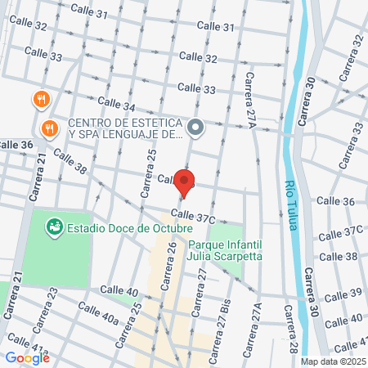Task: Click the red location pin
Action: tap(185, 183)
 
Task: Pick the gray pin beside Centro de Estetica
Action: tap(195, 128)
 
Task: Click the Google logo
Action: tap(27, 357)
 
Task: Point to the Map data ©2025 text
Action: tap(332, 361)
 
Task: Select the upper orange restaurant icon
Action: tap(41, 101)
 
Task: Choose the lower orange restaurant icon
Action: tap(50, 128)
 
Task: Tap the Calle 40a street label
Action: tap(99, 314)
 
